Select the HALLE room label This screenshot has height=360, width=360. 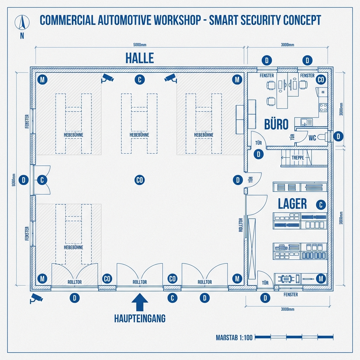click(140, 58)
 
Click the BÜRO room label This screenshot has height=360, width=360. click(276, 124)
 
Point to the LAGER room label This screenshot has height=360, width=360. click(292, 204)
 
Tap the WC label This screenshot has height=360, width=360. click(312, 138)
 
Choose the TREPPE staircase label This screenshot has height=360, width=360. click(297, 158)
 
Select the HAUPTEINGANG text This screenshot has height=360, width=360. click(140, 319)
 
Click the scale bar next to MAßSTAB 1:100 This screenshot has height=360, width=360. click(294, 337)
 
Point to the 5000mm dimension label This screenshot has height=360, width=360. click(140, 45)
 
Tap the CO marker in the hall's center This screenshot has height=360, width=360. click(140, 180)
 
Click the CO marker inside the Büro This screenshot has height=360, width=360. click(321, 80)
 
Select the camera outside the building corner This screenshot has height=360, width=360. click(36, 298)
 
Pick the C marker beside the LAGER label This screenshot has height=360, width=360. click(321, 205)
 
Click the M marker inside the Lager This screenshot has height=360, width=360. click(321, 279)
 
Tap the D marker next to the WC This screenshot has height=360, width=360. click(338, 136)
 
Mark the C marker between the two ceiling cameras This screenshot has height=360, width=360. click(140, 80)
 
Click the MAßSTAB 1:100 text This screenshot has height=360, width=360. click(234, 338)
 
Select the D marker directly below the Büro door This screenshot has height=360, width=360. click(259, 154)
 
